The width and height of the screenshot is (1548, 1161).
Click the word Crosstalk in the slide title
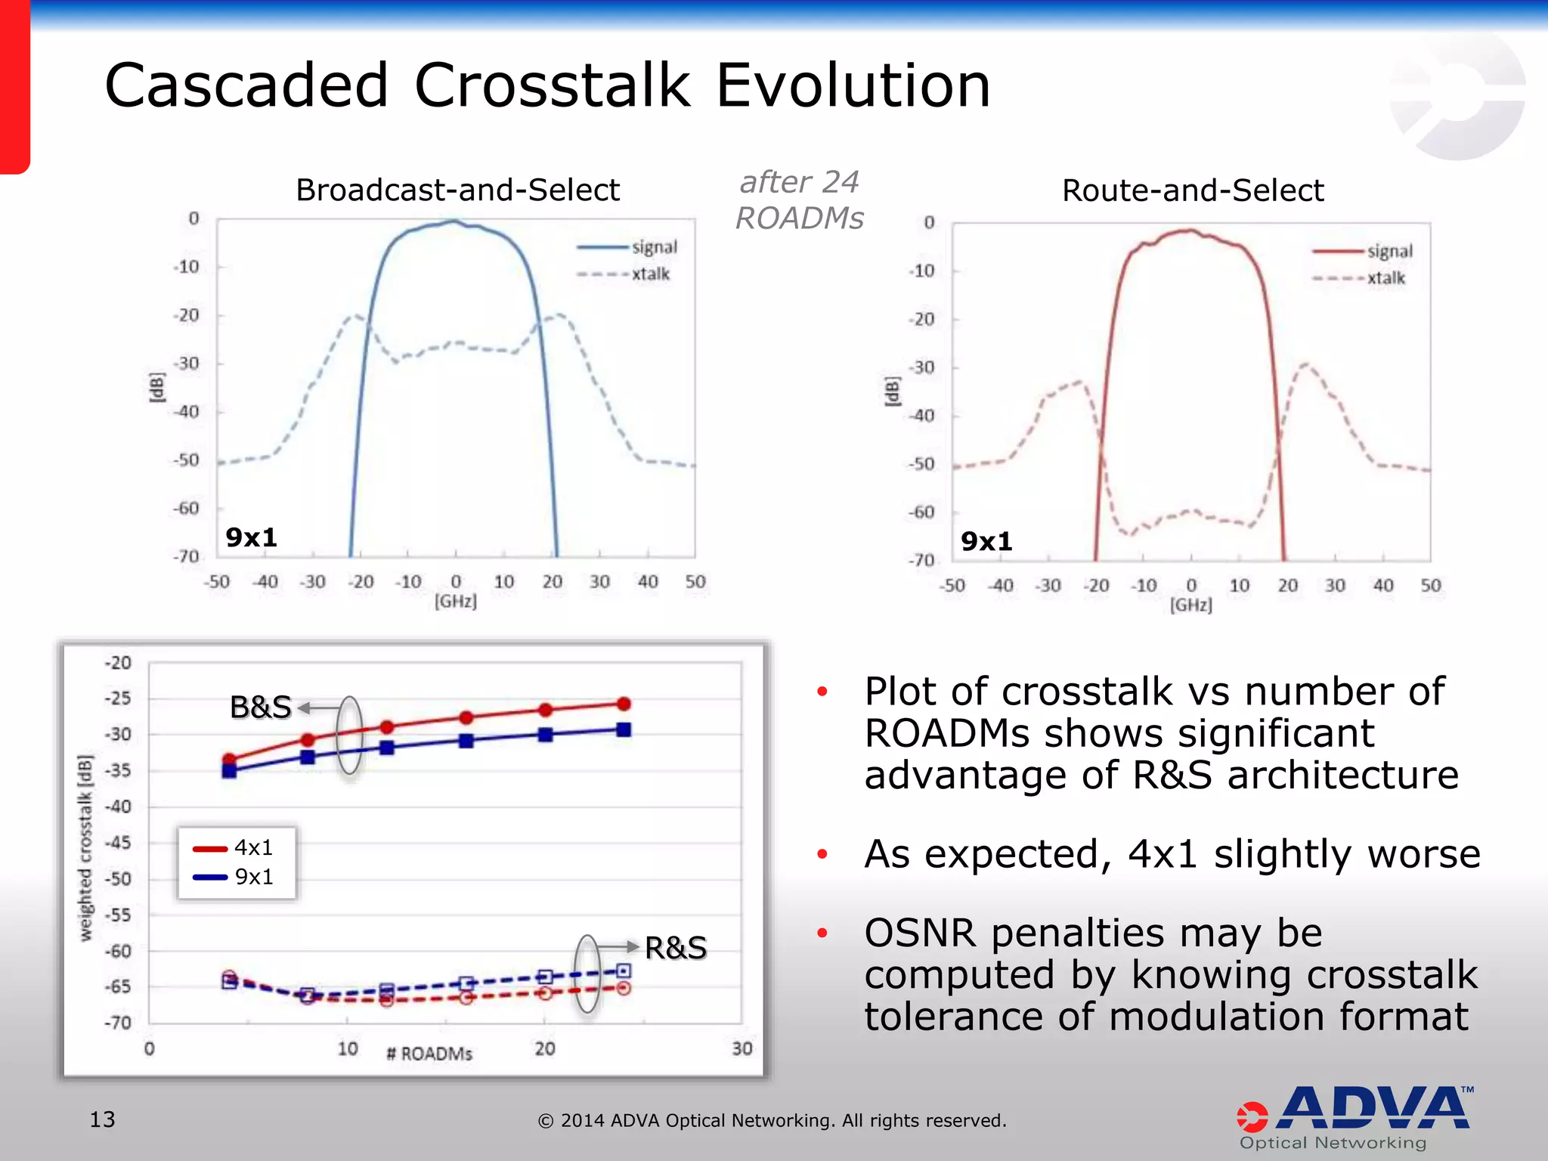pyautogui.click(x=552, y=85)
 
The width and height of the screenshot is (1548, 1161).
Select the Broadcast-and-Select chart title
pyautogui.click(x=457, y=190)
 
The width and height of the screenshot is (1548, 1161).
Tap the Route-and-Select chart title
pyautogui.click(x=1192, y=190)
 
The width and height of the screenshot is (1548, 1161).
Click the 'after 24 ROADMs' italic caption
pyautogui.click(x=799, y=200)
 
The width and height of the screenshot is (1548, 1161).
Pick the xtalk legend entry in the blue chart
pyautogui.click(x=650, y=274)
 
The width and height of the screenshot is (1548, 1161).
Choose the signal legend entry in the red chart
pyautogui.click(x=1389, y=251)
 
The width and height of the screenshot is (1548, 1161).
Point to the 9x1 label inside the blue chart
pyautogui.click(x=252, y=537)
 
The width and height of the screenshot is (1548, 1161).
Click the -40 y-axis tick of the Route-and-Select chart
pyautogui.click(x=921, y=416)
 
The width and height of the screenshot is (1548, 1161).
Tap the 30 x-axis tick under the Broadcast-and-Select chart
pyautogui.click(x=599, y=582)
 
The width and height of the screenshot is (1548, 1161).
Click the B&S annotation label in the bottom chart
pyautogui.click(x=260, y=707)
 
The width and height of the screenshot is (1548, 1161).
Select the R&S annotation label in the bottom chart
pyautogui.click(x=676, y=948)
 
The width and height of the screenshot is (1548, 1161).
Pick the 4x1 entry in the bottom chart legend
pyautogui.click(x=253, y=848)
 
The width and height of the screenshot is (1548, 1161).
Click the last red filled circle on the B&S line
pyautogui.click(x=624, y=704)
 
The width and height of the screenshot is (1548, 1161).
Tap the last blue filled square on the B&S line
pyautogui.click(x=624, y=729)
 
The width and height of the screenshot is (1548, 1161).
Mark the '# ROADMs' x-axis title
pyautogui.click(x=429, y=1054)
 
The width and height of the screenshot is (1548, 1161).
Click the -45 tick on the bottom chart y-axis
pyautogui.click(x=117, y=843)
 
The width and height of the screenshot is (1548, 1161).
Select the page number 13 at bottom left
pyautogui.click(x=102, y=1119)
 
